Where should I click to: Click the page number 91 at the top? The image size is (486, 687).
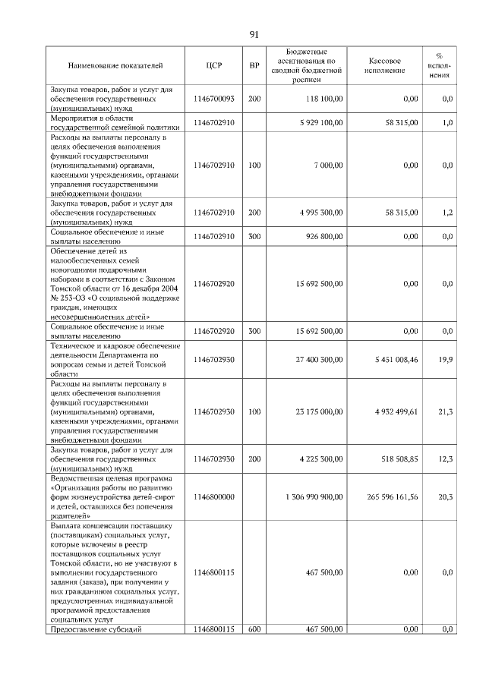(254, 34)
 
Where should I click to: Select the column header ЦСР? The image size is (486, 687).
(213, 65)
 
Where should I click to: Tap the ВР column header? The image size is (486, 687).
(254, 65)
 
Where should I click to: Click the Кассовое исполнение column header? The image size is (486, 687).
(384, 65)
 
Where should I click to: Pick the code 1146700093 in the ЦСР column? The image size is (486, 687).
(213, 99)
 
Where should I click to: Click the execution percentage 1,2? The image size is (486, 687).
(447, 213)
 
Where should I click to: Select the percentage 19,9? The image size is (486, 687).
(446, 360)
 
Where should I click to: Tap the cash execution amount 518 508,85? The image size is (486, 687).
(391, 459)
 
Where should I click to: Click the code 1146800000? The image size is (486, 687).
(213, 496)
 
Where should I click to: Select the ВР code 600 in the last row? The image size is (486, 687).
(254, 629)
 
